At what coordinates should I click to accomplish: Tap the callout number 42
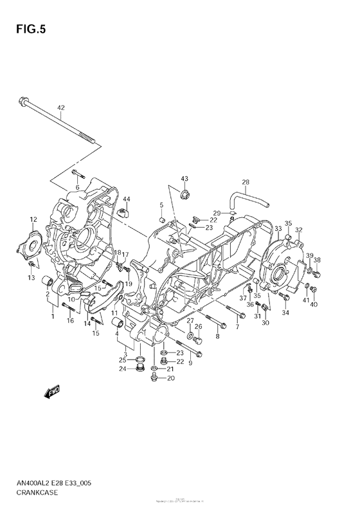click(x=61, y=107)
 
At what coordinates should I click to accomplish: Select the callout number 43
click(x=184, y=178)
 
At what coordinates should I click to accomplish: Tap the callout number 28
click(x=245, y=181)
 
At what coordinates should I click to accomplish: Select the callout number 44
click(x=127, y=199)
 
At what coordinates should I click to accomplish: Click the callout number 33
click(x=278, y=229)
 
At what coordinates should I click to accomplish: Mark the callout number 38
click(x=317, y=260)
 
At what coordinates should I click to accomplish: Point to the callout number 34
click(x=285, y=313)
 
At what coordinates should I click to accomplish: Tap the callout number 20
click(x=170, y=378)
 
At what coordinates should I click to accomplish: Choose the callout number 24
click(x=122, y=369)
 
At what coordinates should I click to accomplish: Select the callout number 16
click(x=70, y=320)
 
